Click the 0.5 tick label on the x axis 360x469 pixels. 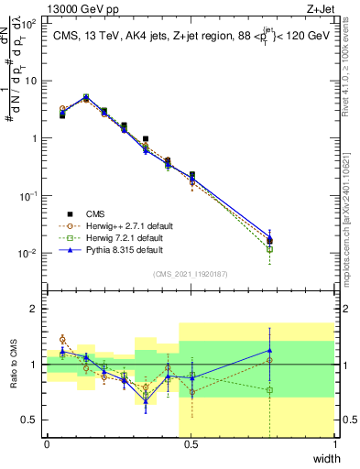(191, 444)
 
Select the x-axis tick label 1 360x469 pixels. (335, 444)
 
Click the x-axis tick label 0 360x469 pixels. (47, 444)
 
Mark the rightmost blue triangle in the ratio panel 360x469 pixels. (269, 350)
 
